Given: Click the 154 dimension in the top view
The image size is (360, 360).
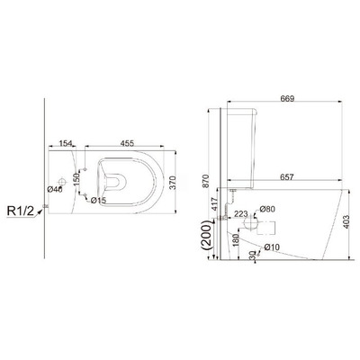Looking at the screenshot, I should tap(65, 142).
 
